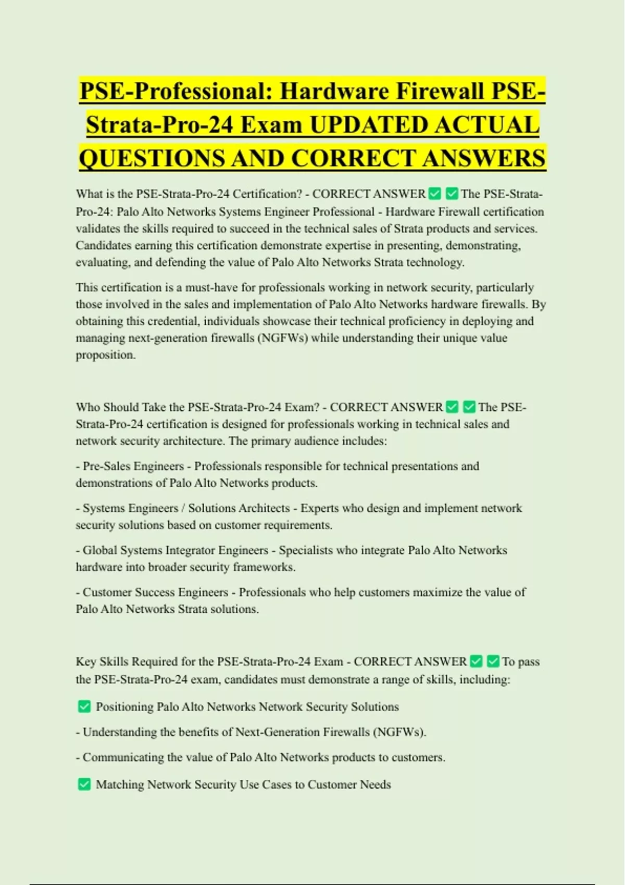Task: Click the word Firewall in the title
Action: [x=441, y=92]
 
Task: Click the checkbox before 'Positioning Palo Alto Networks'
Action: [x=84, y=706]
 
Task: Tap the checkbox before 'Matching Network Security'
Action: [x=84, y=784]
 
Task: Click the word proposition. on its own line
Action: [x=106, y=355]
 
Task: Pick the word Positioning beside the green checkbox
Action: [x=124, y=707]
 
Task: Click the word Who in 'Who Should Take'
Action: [x=87, y=407]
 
